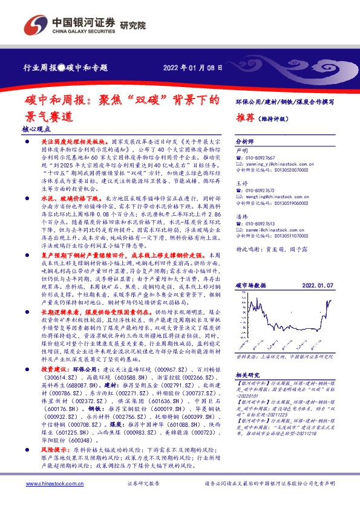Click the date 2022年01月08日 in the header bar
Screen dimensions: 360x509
coord(196,68)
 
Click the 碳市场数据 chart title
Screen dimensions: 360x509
coord(251,284)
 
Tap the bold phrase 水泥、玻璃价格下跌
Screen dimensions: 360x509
coord(62,198)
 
